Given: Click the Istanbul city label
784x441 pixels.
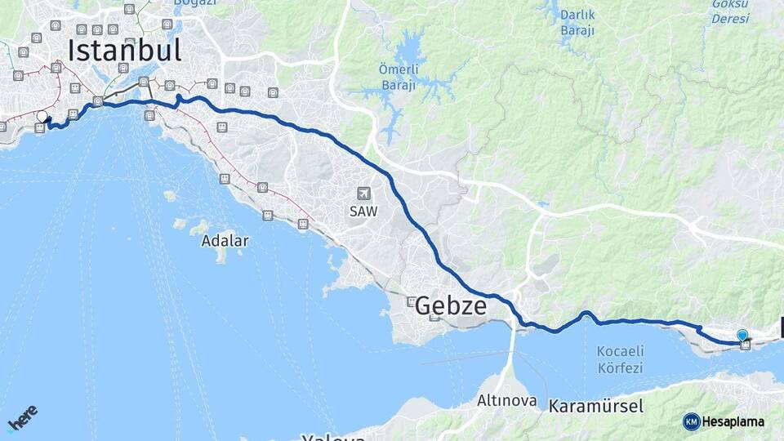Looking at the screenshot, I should click(124, 50).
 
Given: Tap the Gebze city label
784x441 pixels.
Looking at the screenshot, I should click(451, 306).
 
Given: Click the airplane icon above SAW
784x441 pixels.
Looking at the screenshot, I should click(363, 194).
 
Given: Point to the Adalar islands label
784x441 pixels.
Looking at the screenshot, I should click(225, 241).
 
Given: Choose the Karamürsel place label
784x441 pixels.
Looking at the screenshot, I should click(596, 406).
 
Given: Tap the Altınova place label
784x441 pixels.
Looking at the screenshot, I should click(507, 401).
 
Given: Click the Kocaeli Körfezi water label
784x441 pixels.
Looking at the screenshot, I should click(620, 359).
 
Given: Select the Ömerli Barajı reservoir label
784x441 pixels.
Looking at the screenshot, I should click(398, 78).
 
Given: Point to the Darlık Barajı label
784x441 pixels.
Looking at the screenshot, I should click(577, 23).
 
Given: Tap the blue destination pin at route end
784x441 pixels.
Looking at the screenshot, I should click(742, 335).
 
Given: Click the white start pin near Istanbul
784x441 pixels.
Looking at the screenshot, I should click(42, 117).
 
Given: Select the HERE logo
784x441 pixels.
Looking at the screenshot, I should click(22, 417).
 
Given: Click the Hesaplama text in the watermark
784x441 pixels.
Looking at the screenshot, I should click(733, 421).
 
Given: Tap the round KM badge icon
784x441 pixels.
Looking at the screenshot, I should click(691, 421).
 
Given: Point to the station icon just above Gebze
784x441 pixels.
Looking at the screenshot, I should click(412, 301).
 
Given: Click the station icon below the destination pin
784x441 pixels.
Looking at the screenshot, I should click(746, 345).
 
